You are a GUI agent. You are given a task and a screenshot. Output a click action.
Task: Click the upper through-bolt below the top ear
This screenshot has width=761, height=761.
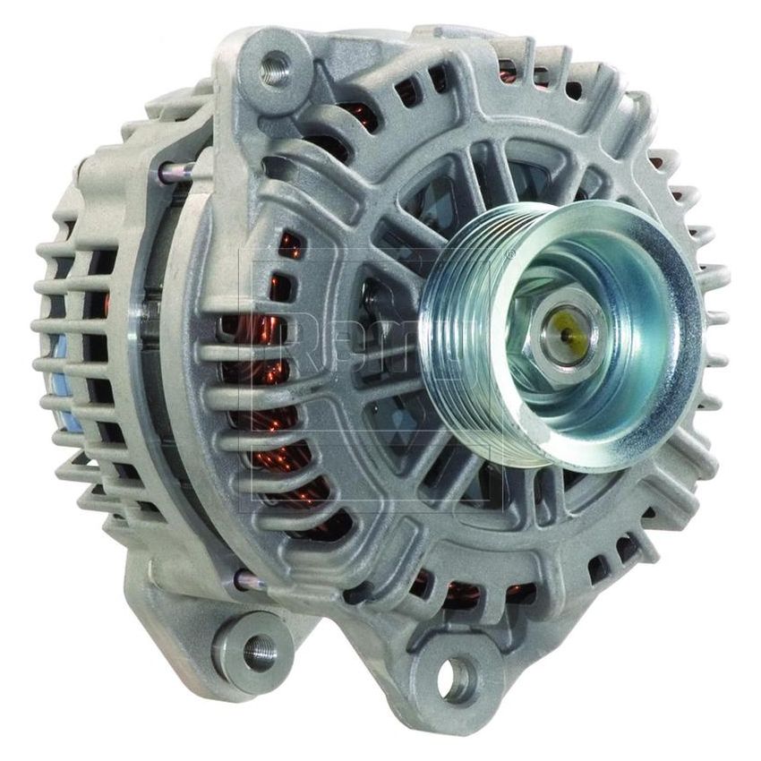(179, 170)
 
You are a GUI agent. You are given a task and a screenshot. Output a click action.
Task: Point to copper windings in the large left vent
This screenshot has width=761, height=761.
(269, 430)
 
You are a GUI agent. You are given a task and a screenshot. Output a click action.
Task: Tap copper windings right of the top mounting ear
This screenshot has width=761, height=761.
(354, 116)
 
